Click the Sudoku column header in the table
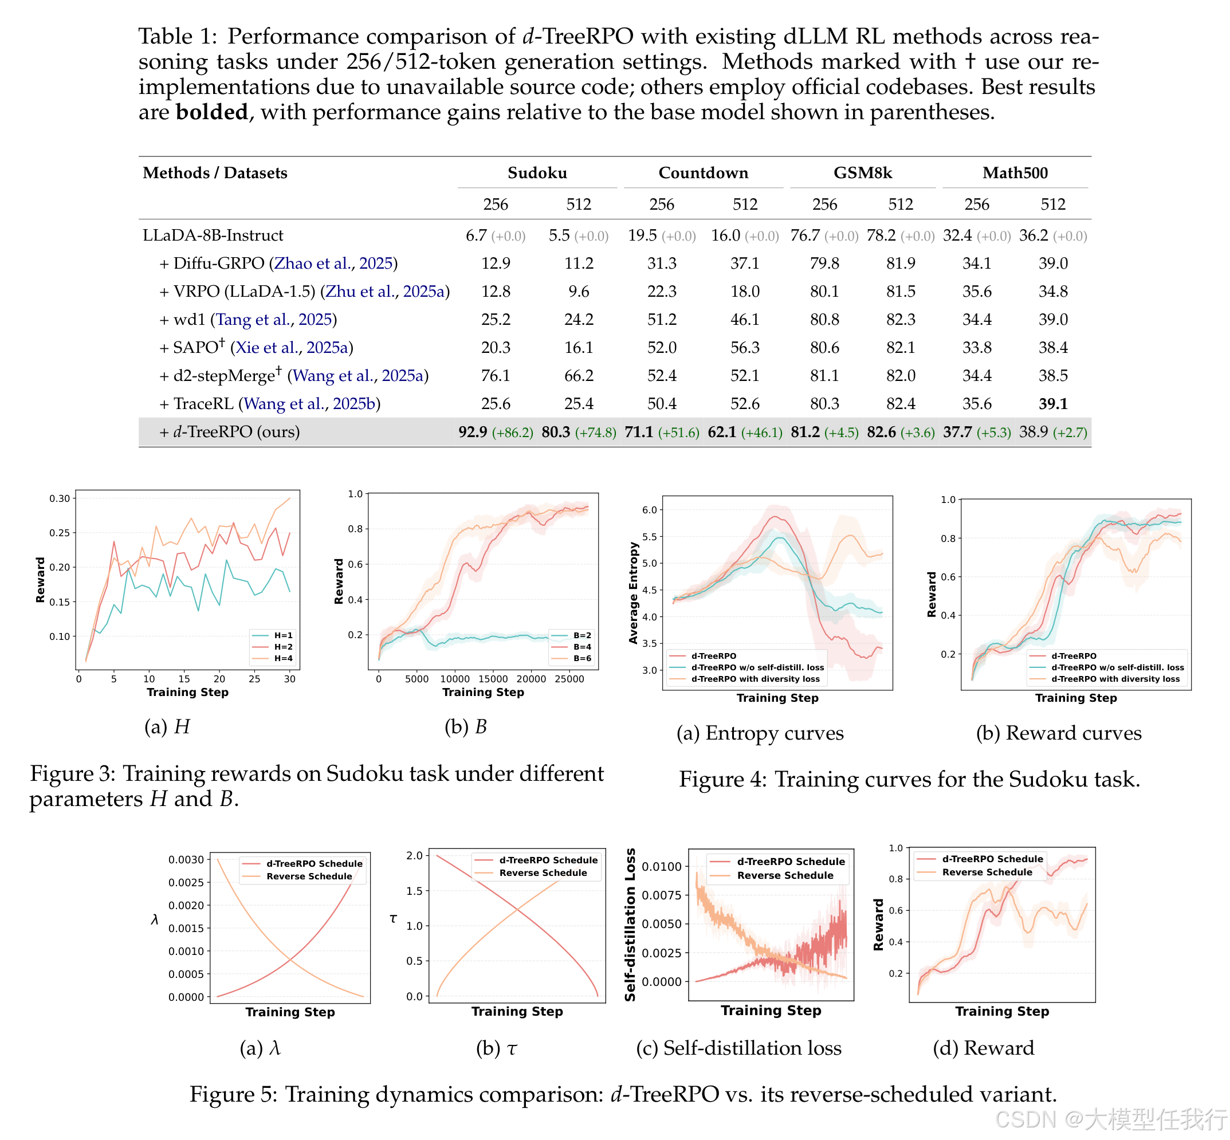click(537, 173)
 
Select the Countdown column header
click(702, 173)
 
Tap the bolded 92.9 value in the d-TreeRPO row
click(473, 432)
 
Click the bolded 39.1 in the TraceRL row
click(1052, 403)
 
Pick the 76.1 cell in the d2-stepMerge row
click(496, 375)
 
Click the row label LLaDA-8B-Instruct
click(213, 235)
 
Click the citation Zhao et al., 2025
click(333, 264)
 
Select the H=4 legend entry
click(283, 658)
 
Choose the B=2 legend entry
click(581, 635)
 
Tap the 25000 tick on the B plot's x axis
click(569, 679)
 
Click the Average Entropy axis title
click(633, 593)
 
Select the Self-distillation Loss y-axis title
click(630, 924)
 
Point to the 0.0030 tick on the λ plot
click(186, 859)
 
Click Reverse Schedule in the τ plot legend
click(543, 873)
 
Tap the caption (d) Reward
click(983, 1048)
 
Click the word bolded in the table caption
click(211, 112)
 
